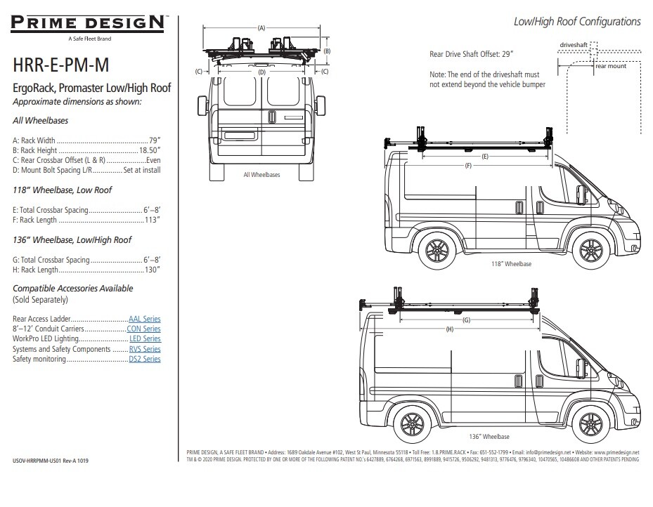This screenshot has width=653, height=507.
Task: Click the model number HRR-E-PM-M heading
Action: [x=60, y=66]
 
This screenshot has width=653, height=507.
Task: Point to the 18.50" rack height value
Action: [x=149, y=150]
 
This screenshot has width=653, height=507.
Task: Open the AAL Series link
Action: [x=144, y=319]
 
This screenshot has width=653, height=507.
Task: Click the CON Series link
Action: [x=143, y=329]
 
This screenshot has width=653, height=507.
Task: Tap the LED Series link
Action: [x=146, y=338]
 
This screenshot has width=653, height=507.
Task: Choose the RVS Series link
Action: [x=146, y=349]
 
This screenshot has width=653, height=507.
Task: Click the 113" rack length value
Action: [x=153, y=220]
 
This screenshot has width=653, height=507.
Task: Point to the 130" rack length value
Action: [x=153, y=270]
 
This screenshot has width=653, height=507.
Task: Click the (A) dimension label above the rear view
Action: [x=261, y=28]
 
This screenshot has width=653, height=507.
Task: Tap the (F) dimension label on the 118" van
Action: [x=468, y=166]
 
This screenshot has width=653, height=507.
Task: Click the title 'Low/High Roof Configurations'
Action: [x=577, y=22]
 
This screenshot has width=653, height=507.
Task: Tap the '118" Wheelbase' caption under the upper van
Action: [x=511, y=264]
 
